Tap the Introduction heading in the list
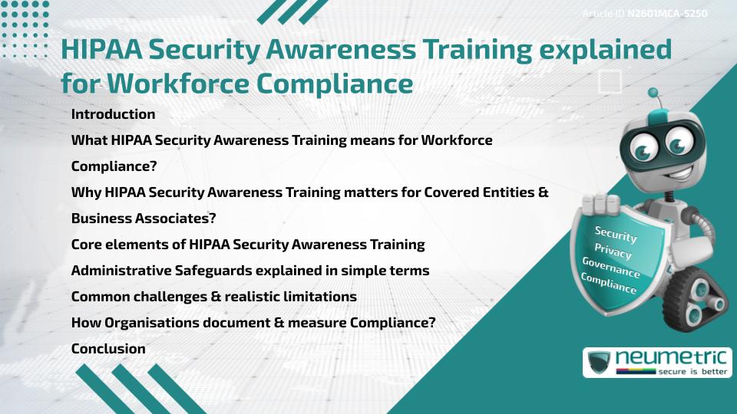click(113, 114)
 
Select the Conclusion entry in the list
click(108, 349)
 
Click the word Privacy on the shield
click(613, 251)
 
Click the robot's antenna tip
click(653, 93)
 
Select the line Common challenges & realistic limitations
click(213, 297)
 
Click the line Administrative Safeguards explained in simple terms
click(250, 271)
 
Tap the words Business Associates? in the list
click(144, 219)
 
